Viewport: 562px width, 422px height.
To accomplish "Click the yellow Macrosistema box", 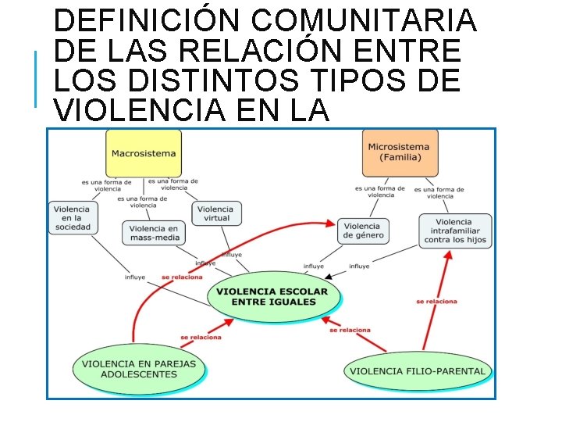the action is click(x=144, y=153).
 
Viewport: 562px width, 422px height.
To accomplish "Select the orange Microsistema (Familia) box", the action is click(x=400, y=152).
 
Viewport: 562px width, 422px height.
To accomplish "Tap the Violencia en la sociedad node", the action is click(x=73, y=218).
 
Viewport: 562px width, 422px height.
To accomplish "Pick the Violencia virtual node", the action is click(x=215, y=213).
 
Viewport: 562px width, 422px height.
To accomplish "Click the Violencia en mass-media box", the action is click(x=153, y=233).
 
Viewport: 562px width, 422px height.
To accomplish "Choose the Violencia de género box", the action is click(x=362, y=231).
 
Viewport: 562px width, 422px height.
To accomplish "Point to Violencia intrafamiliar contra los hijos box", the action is click(x=454, y=232).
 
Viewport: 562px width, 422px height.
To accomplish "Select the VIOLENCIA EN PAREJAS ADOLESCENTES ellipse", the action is click(x=139, y=369).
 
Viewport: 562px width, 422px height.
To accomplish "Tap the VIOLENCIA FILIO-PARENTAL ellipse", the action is click(x=418, y=371).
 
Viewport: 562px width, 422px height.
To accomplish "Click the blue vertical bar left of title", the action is click(x=36, y=78).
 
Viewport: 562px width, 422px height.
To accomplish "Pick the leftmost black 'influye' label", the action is click(x=134, y=277).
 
